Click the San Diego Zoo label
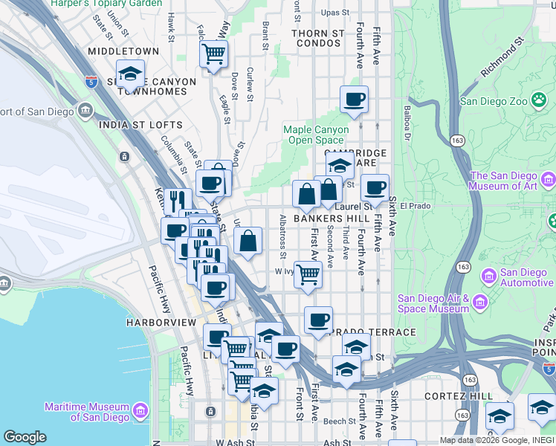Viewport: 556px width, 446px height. pyautogui.click(x=494, y=101)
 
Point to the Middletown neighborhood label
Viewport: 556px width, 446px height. pyautogui.click(x=123, y=51)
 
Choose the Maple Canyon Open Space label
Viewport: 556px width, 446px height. pyautogui.click(x=317, y=135)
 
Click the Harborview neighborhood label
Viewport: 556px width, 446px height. pyautogui.click(x=161, y=323)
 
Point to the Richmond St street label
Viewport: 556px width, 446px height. pyautogui.click(x=507, y=62)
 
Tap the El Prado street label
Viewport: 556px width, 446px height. pyautogui.click(x=416, y=206)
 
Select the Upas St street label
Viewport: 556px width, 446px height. pyautogui.click(x=334, y=13)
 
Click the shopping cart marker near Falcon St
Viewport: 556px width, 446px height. pyautogui.click(x=213, y=54)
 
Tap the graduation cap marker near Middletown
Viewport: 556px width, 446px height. pyautogui.click(x=130, y=74)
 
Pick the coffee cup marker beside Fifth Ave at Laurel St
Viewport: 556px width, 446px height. pyautogui.click(x=375, y=188)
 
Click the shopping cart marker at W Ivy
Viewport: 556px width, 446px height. pyautogui.click(x=308, y=274)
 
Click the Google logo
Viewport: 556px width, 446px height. pyautogui.click(x=25, y=437)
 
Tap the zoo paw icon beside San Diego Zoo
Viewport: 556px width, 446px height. pyautogui.click(x=538, y=100)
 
